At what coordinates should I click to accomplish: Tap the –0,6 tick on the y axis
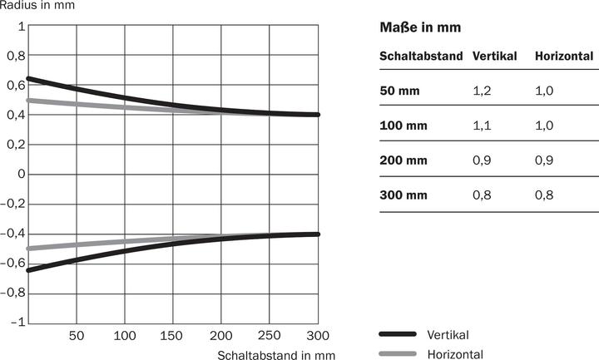12,264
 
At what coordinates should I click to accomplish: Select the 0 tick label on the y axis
19,175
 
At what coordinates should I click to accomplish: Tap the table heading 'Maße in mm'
419,28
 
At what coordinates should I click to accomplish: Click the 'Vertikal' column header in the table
494,57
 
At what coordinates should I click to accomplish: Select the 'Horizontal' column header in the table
564,57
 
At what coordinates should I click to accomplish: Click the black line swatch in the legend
397,334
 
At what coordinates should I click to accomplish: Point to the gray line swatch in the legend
397,354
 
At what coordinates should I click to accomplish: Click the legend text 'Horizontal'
454,354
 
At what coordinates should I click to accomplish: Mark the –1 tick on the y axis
17,323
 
